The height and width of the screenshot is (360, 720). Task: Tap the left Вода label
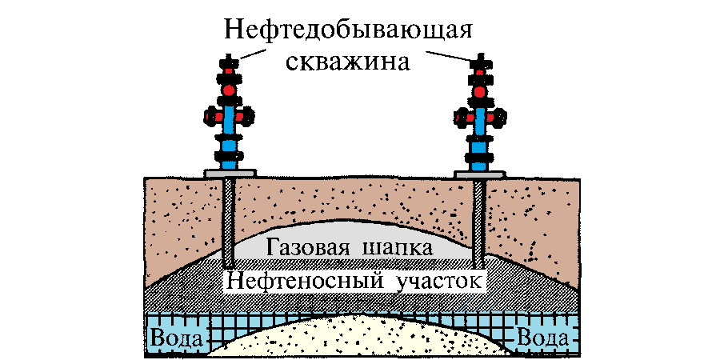tap(174, 337)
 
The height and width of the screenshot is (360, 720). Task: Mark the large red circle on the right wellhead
tap(480, 92)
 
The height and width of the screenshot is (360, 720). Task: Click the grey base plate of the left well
tap(230, 172)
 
